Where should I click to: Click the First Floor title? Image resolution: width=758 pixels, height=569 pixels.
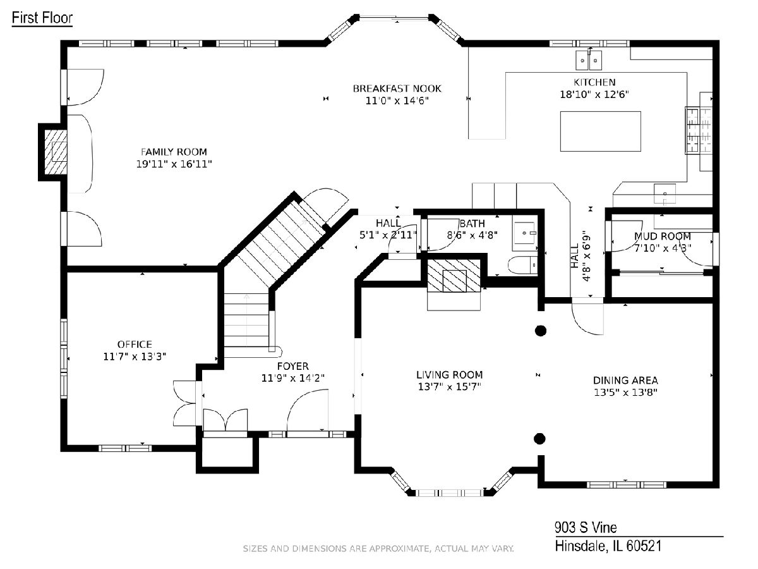coord(42,18)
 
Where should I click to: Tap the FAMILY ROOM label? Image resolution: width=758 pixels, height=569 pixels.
coord(174,152)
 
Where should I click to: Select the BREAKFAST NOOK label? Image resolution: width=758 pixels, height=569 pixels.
coord(397,89)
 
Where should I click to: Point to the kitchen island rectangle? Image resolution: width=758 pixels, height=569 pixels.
coord(600,132)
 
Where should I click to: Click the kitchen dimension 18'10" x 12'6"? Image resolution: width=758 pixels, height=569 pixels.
coord(594,94)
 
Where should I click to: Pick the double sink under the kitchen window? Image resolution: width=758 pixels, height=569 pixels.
coord(589,60)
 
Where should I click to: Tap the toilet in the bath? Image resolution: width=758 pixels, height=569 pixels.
coord(523,266)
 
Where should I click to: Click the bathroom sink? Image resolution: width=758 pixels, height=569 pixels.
coord(524,236)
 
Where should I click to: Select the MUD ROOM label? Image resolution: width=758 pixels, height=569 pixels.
coord(663,236)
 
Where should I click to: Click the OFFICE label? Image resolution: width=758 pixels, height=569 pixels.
coord(135,345)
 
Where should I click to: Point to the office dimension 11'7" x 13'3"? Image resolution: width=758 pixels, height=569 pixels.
coord(135,357)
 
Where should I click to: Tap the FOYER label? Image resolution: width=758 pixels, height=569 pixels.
coord(293,366)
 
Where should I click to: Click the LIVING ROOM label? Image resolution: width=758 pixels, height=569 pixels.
coord(449,375)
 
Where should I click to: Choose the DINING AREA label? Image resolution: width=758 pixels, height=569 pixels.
coord(625,381)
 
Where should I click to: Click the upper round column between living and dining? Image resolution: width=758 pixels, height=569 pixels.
coord(541,331)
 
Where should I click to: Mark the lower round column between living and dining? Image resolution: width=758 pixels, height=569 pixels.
coord(539,439)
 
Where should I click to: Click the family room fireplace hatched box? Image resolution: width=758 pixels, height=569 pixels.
coord(56,152)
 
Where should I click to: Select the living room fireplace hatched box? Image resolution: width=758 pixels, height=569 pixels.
coord(454,276)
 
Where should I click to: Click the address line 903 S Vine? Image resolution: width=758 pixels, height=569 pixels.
coord(586,527)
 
